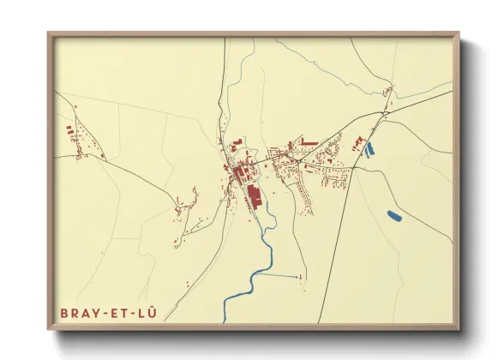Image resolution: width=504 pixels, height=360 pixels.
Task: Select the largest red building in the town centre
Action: [x=255, y=195]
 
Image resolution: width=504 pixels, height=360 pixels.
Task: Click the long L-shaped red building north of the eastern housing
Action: [x=308, y=142]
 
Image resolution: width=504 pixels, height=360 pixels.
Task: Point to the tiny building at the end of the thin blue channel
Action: [x=301, y=276]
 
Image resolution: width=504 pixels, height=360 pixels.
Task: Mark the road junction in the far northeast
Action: [x=385, y=111]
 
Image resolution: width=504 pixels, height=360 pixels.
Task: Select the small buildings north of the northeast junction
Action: [x=388, y=91]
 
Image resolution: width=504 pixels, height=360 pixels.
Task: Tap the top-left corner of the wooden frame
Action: [x=49, y=34]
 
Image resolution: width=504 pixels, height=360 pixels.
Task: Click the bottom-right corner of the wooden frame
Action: [x=458, y=328]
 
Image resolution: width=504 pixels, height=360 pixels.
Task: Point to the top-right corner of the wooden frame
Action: [x=458, y=34]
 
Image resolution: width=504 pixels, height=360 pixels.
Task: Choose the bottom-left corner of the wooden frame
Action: [x=49, y=328]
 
